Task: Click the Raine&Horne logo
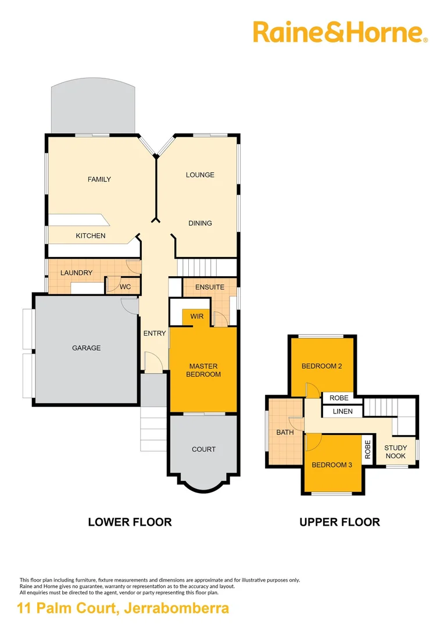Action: pos(340,32)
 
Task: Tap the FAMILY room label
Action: pos(99,179)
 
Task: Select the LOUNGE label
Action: pos(200,175)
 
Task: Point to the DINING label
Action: pos(200,223)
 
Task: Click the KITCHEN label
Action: pos(91,236)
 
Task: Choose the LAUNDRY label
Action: pos(76,273)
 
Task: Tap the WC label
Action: pos(125,287)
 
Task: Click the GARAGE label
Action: pos(86,348)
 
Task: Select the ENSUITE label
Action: pos(210,287)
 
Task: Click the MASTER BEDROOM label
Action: pos(203,370)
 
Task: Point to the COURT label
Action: pos(203,449)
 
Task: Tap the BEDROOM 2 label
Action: pos(321,366)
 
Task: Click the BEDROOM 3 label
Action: pos(331,465)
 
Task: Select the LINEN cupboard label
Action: pos(342,412)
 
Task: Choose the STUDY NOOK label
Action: pos(395,452)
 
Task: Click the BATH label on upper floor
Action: pos(285,433)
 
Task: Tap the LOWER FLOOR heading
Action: pos(130,522)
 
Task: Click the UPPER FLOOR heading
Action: pos(339,522)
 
